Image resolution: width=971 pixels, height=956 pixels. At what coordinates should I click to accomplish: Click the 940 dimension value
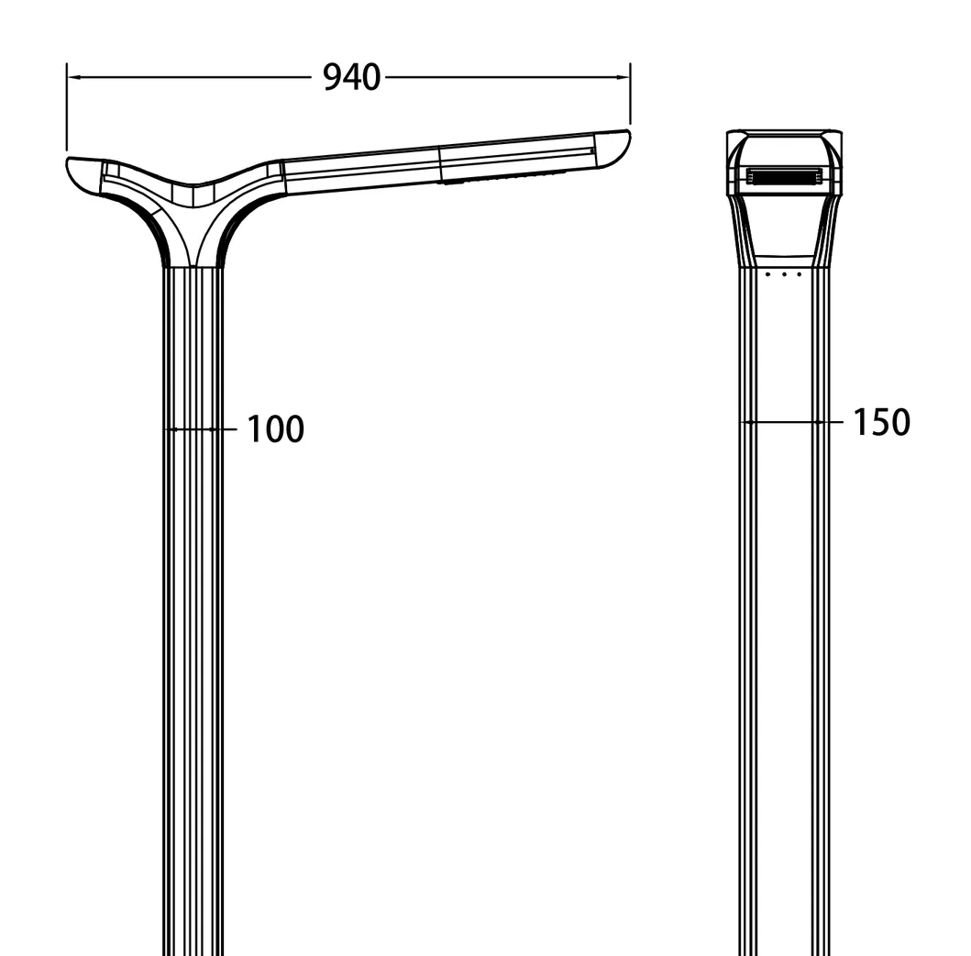pos(351,78)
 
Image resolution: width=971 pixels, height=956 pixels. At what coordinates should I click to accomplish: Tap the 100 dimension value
pos(275,428)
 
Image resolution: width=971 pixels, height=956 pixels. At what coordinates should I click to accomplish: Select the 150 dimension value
pos(881,422)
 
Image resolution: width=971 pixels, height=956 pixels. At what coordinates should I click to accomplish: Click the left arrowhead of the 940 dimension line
pos(73,78)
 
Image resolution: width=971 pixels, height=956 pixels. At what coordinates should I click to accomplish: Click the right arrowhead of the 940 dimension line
pos(624,78)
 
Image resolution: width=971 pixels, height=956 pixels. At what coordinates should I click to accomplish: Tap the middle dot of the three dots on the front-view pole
pos(784,273)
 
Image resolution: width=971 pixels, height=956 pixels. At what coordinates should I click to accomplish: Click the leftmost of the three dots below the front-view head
pos(768,273)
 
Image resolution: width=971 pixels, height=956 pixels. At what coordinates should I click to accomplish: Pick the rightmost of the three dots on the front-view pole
pos(799,273)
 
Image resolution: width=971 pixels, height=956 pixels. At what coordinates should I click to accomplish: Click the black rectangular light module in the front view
pos(783,176)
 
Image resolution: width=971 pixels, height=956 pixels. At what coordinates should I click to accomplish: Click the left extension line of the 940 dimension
pos(67,110)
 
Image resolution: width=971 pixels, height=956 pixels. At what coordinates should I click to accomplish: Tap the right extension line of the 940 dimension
pos(631,96)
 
